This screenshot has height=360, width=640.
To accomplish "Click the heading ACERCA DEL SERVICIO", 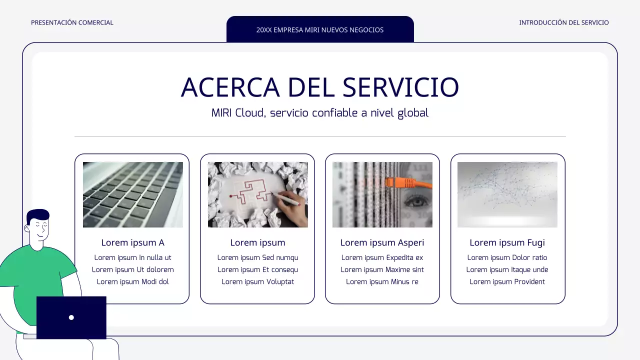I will tap(320, 87).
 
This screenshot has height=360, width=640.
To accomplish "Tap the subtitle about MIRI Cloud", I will tap(320, 113).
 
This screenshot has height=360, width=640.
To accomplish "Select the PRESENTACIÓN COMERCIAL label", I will tap(72, 22).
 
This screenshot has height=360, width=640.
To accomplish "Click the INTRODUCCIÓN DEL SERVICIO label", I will tap(563, 22).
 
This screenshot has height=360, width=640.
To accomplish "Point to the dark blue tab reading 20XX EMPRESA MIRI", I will tap(320, 29).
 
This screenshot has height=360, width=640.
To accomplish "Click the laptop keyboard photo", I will tap(133, 194).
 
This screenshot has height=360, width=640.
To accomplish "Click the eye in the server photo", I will tap(414, 202).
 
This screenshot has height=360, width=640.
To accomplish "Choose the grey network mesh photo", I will tap(507, 194).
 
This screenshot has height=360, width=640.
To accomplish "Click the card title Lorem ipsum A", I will tap(133, 242).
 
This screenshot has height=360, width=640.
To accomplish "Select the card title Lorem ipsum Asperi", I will tap(382, 242).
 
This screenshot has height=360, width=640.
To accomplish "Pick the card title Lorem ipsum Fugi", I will tap(507, 242).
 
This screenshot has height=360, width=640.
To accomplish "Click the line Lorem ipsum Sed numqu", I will tap(257, 257).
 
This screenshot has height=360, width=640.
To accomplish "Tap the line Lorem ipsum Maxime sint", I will tap(382, 269).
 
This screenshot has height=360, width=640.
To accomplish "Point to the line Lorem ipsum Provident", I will tap(507, 281).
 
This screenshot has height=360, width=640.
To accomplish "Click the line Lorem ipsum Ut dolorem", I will tap(133, 269).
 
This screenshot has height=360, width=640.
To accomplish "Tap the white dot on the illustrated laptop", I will tap(71, 317).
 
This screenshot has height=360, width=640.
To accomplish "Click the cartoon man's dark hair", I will tap(38, 215).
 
